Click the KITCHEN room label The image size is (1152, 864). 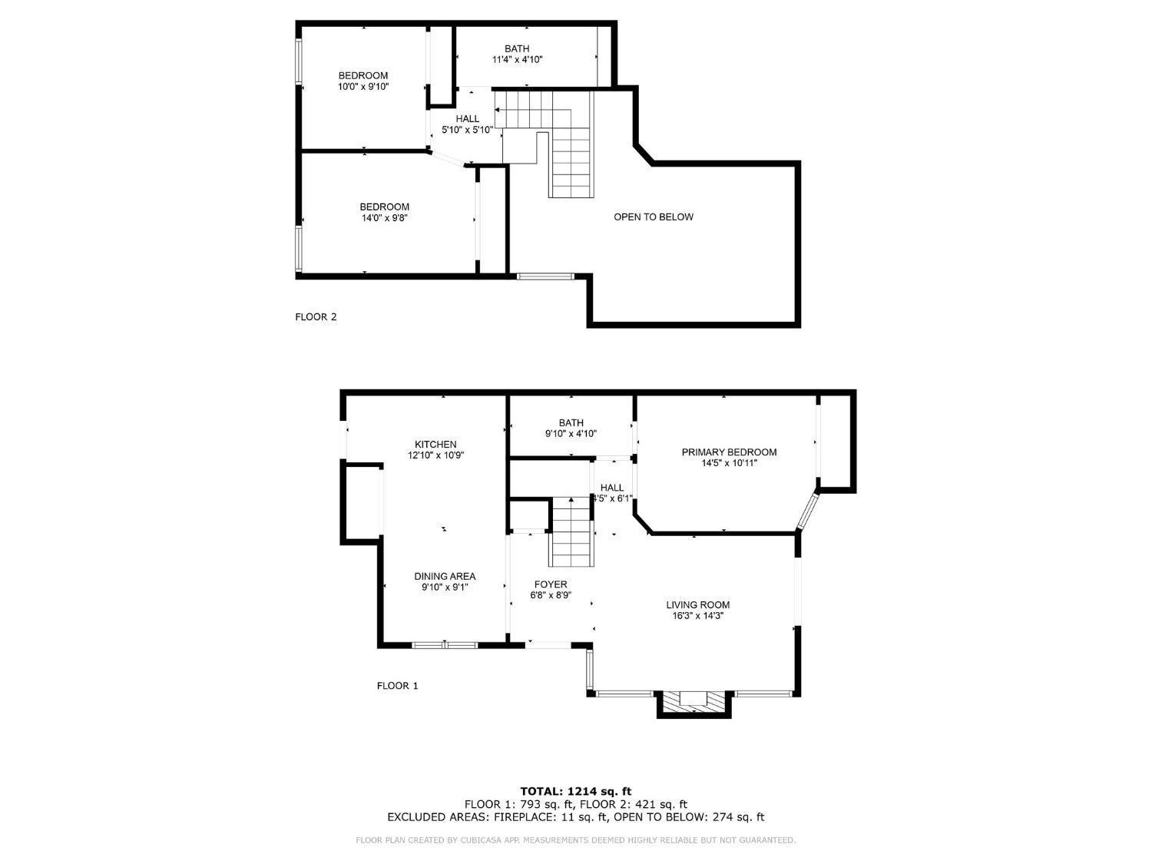(x=435, y=445)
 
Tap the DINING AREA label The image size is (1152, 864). (x=445, y=576)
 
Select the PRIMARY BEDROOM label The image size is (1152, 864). (x=729, y=452)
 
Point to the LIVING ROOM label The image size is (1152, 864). (x=697, y=604)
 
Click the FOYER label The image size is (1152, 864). (x=548, y=584)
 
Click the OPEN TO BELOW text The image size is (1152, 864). (x=653, y=217)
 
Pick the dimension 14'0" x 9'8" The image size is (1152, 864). (x=384, y=218)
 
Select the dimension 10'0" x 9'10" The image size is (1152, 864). (x=363, y=87)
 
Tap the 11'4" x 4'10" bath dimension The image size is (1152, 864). (x=517, y=59)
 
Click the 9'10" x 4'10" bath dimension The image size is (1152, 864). (x=571, y=433)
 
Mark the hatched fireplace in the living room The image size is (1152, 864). (x=694, y=700)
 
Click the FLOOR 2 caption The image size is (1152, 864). (x=316, y=316)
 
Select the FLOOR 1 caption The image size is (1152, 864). (x=397, y=686)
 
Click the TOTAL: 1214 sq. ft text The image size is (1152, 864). (x=575, y=791)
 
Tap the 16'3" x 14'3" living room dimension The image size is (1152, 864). (x=697, y=615)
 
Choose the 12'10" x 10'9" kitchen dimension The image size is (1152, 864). (x=435, y=455)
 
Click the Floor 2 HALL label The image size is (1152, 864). (x=467, y=118)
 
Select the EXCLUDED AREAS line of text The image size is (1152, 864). (x=575, y=817)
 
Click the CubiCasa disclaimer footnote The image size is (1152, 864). (x=575, y=840)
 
